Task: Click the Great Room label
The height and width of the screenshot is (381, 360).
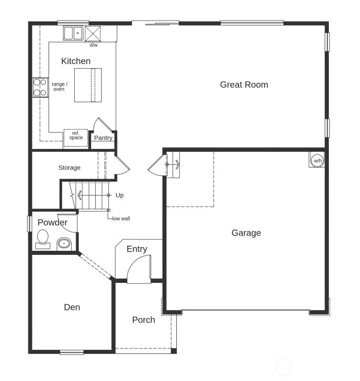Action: pos(244,84)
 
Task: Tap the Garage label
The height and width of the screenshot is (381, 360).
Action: pos(246,233)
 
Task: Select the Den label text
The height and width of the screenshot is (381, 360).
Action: pos(72,307)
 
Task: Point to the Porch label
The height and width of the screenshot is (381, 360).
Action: pos(143,320)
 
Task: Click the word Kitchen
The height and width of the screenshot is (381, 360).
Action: pos(76,61)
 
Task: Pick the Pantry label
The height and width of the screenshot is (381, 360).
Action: pos(103,138)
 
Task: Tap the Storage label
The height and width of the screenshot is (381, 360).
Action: pos(69,168)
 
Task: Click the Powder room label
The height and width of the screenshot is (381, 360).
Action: pos(52,223)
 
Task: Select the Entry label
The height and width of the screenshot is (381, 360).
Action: pos(136,249)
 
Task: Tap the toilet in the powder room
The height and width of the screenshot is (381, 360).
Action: pos(43,238)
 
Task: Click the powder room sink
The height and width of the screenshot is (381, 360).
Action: pos(63,244)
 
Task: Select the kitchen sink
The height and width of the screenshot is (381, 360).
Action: pos(73,33)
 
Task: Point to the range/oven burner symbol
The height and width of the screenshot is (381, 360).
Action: pos(40,88)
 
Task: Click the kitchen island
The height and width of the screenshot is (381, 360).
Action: pos(87,85)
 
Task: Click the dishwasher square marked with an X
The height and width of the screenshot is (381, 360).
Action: pos(93,34)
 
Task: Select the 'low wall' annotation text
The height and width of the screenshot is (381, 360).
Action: pos(121,219)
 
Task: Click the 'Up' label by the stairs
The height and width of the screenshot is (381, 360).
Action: pos(120,195)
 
